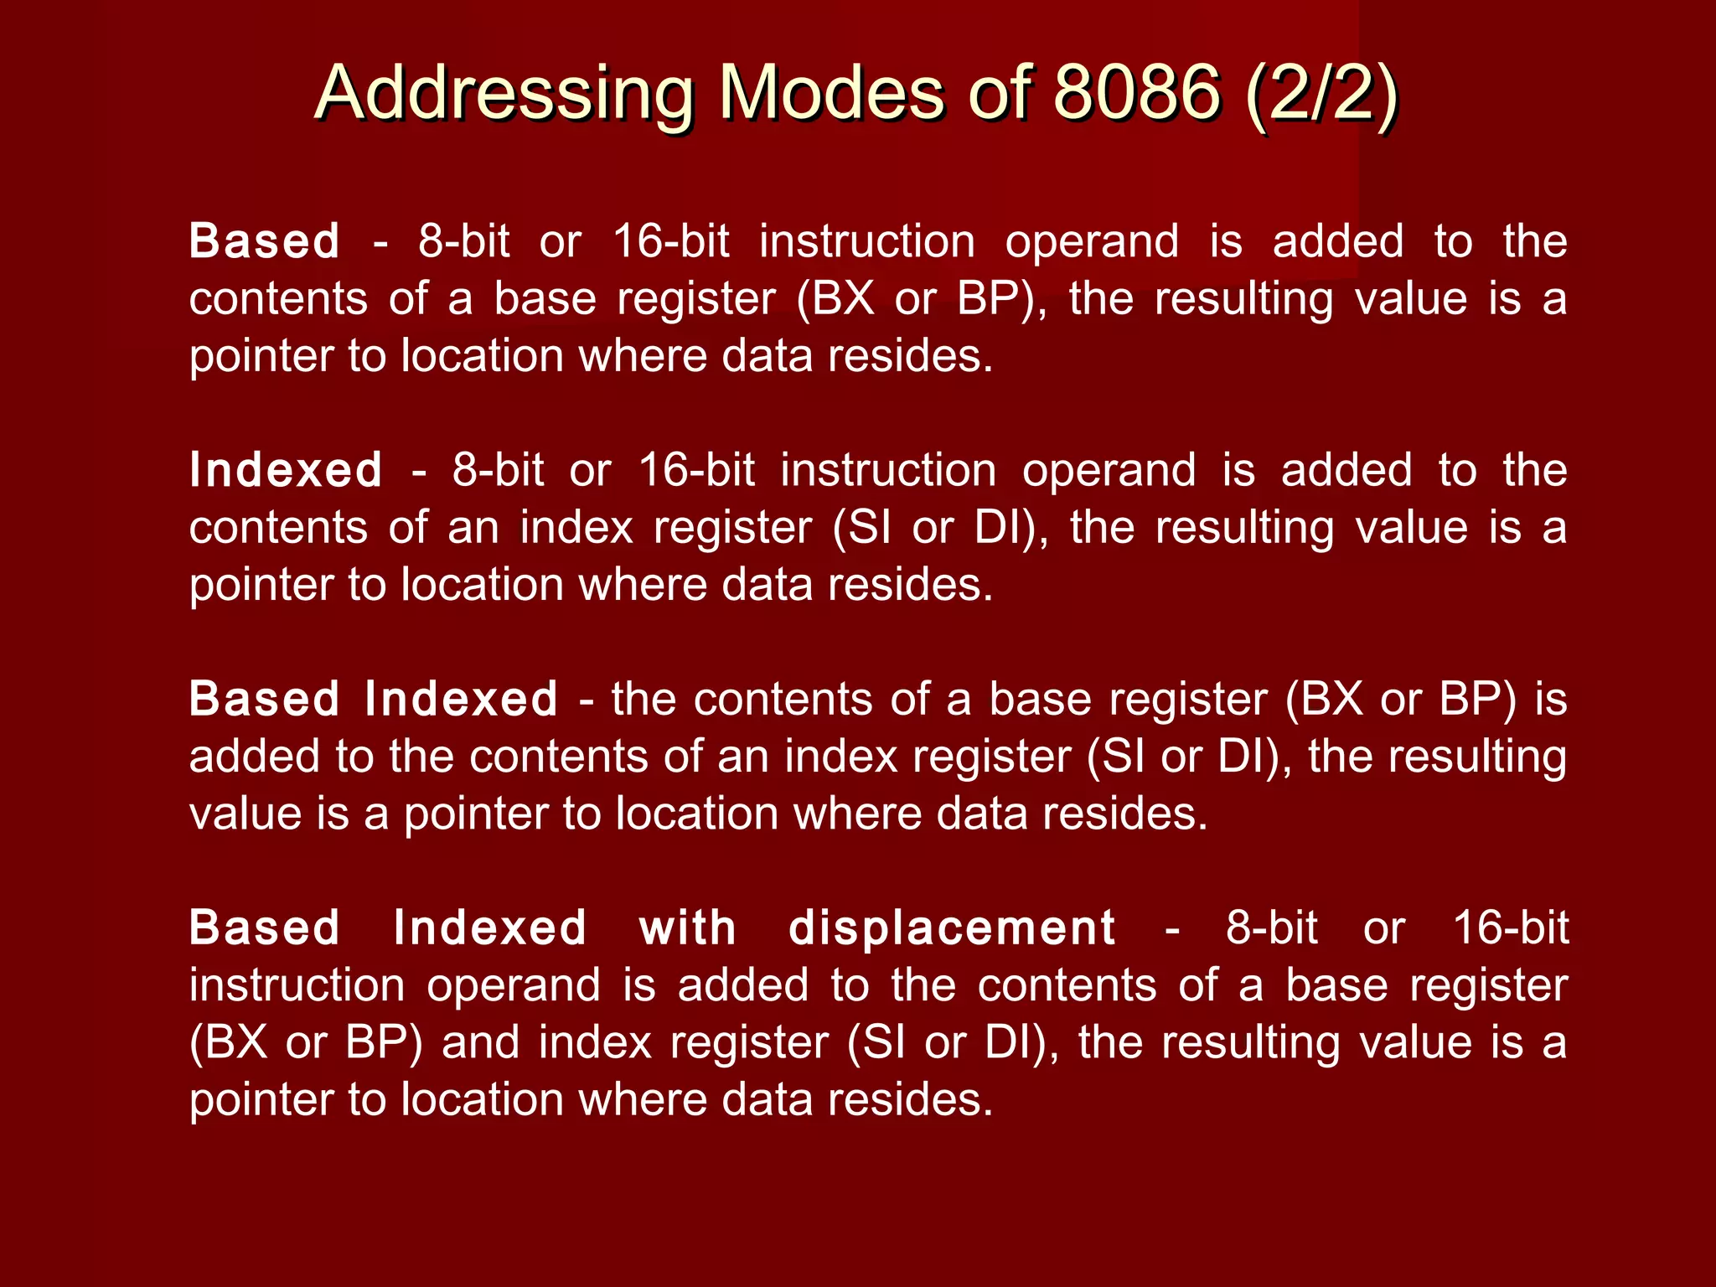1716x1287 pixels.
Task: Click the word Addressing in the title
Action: (504, 94)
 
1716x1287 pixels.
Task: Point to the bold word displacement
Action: (952, 928)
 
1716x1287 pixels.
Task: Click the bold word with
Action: (688, 928)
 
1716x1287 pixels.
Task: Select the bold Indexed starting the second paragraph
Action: (286, 470)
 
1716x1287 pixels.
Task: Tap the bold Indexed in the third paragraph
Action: (462, 699)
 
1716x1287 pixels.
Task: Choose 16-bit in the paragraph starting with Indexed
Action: (697, 470)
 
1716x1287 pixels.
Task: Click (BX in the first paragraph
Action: (835, 299)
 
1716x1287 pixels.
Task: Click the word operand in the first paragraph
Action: (1092, 243)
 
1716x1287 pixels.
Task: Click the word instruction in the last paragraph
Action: (297, 986)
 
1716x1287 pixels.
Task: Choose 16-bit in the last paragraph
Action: (1511, 928)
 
